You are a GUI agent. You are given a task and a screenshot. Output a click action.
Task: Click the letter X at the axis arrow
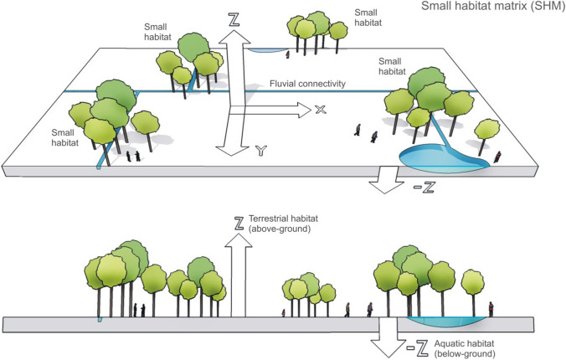click(319, 110)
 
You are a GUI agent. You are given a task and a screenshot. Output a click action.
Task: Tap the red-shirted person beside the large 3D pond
click(498, 156)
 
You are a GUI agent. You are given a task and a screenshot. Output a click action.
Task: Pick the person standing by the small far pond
click(287, 55)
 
